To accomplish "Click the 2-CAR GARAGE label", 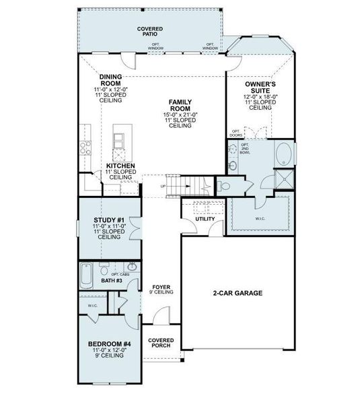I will tap(238, 293).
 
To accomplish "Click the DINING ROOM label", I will tap(110, 81).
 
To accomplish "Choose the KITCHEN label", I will tap(120, 166).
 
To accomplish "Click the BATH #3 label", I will tap(111, 280).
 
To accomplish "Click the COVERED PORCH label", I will tap(161, 343).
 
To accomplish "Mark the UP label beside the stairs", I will tap(163, 187).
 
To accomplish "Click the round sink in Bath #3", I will tap(133, 267).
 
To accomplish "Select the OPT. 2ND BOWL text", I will tap(246, 149).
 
